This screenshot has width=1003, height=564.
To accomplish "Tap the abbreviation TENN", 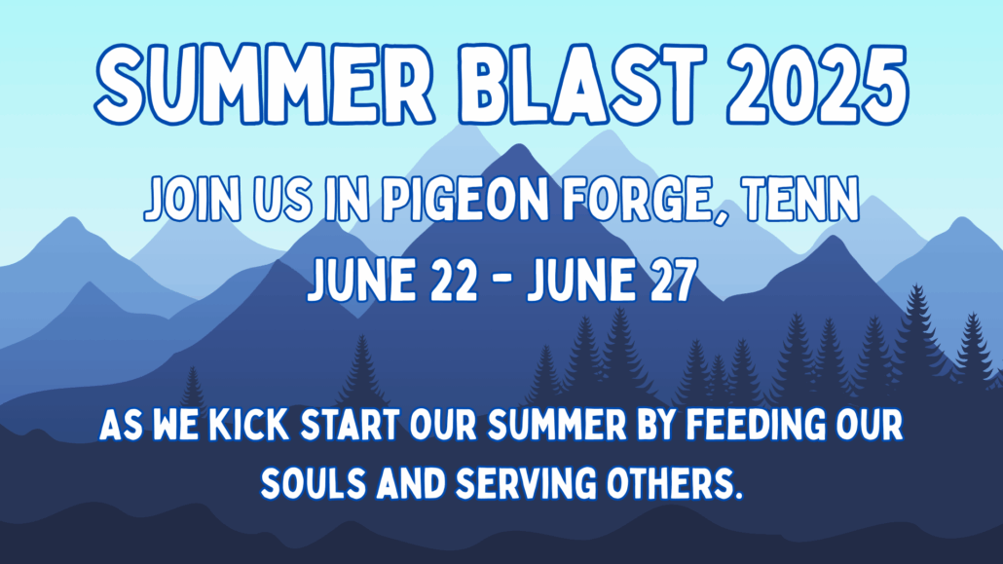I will click(x=802, y=203).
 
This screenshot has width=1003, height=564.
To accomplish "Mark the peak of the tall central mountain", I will click(x=501, y=146).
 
